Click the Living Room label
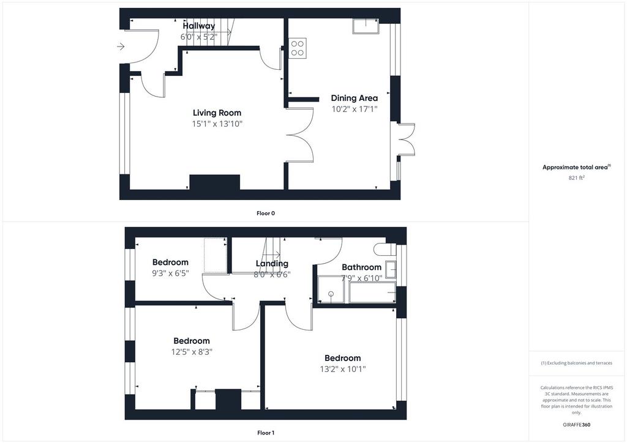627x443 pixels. [217, 113]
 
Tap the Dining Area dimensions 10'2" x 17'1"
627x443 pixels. [355, 109]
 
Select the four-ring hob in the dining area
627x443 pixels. [298, 48]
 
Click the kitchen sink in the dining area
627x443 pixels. [366, 26]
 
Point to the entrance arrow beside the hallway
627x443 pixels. [121, 47]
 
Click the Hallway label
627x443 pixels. [199, 26]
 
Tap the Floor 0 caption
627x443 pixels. [266, 214]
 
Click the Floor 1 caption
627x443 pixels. [266, 433]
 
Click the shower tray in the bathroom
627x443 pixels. [331, 289]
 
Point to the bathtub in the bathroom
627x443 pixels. [372, 292]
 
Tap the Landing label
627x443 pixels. [272, 264]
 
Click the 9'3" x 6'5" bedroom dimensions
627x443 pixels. [170, 274]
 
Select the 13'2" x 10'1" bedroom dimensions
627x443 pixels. [343, 369]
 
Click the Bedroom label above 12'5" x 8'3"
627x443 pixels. [192, 341]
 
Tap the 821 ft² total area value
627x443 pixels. [576, 178]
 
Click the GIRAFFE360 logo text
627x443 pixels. [576, 425]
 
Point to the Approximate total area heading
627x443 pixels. [576, 168]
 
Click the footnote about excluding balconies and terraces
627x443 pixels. [576, 363]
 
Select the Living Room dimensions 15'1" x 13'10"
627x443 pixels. [217, 124]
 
